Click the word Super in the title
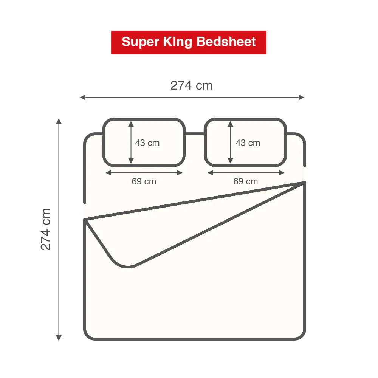pyautogui.click(x=140, y=42)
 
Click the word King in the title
pyautogui.click(x=177, y=42)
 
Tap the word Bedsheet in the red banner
pyautogui.click(x=226, y=42)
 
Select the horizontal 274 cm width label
pyautogui.click(x=191, y=85)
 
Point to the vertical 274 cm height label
pyautogui.click(x=45, y=229)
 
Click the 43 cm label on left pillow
pyautogui.click(x=147, y=143)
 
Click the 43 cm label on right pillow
pyautogui.click(x=248, y=143)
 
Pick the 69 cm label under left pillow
pyautogui.click(x=144, y=181)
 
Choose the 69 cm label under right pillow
pyautogui.click(x=246, y=181)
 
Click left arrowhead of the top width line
pyautogui.click(x=82, y=98)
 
